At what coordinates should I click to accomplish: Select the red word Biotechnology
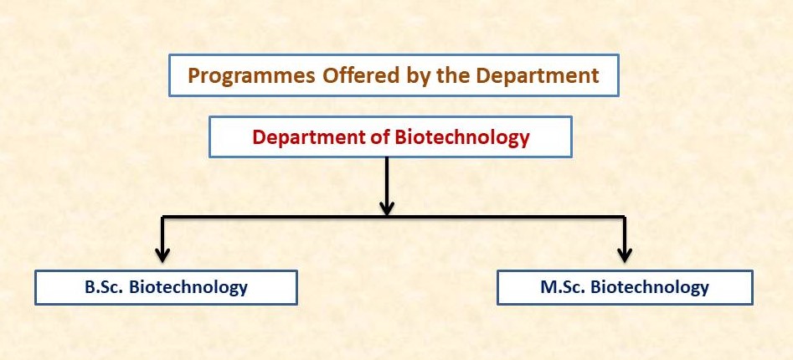(x=462, y=137)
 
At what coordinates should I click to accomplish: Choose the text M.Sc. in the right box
(x=563, y=287)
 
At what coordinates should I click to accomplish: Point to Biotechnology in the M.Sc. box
(x=650, y=288)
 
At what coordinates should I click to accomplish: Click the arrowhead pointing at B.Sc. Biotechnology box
(x=162, y=255)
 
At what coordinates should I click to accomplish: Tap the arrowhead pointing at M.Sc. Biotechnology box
(x=625, y=255)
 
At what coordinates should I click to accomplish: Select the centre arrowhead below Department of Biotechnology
(x=387, y=208)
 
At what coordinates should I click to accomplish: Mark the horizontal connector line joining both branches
(x=394, y=218)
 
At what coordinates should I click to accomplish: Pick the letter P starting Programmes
(x=193, y=76)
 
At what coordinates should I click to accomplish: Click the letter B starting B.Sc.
(x=90, y=287)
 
